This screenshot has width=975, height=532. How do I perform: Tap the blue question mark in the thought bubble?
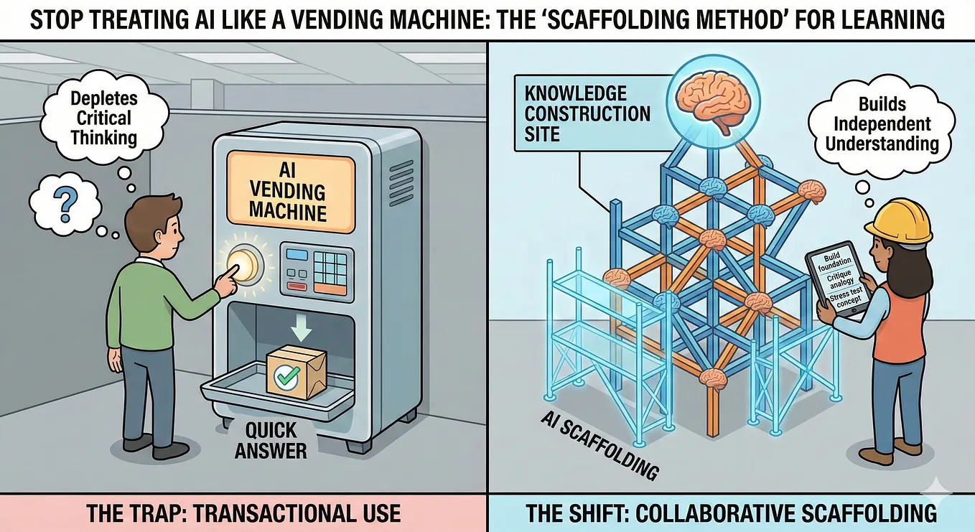click(x=66, y=206)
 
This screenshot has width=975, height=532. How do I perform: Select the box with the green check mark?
click(x=296, y=373)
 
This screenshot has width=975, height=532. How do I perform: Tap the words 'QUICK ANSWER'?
click(x=271, y=441)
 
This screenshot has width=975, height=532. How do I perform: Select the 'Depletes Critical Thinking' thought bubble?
click(x=104, y=118)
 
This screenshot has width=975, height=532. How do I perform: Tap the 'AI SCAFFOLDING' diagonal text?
click(x=600, y=446)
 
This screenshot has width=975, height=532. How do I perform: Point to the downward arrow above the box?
click(x=302, y=328)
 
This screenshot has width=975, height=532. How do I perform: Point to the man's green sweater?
click(x=152, y=300)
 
